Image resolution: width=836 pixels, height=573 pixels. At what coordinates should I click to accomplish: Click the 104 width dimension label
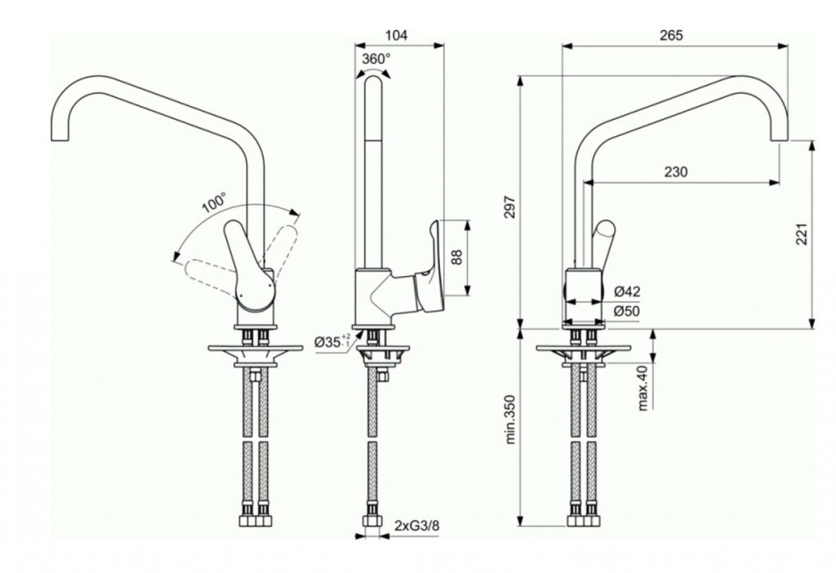click(x=396, y=35)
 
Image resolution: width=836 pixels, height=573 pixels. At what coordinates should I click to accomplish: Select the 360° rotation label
click(x=376, y=59)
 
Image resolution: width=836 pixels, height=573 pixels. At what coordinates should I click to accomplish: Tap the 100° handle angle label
click(x=215, y=203)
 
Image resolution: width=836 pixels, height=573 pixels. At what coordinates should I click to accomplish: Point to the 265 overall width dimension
click(x=671, y=35)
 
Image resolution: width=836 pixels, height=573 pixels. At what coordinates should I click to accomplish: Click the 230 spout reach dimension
click(x=676, y=171)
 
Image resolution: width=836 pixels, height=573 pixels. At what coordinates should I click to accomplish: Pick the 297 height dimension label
click(x=510, y=208)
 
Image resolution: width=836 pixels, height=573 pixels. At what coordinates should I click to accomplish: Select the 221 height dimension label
click(x=803, y=233)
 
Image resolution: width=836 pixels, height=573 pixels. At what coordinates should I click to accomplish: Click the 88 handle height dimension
click(x=457, y=257)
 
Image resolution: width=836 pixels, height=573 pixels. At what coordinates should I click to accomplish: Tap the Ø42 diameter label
click(x=627, y=291)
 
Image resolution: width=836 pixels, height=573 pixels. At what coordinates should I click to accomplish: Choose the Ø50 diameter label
click(x=627, y=311)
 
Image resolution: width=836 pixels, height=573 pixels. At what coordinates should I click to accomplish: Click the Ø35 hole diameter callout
click(x=332, y=341)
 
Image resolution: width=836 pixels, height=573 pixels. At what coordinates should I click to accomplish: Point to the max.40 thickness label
click(x=643, y=388)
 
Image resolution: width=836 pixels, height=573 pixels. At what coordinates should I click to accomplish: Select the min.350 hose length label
click(x=511, y=420)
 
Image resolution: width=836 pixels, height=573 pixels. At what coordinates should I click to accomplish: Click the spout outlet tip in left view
click(x=60, y=140)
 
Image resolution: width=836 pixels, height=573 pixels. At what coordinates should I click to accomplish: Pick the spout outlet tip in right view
click(x=779, y=140)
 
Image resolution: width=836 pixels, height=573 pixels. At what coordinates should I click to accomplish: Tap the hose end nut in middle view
click(x=372, y=521)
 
